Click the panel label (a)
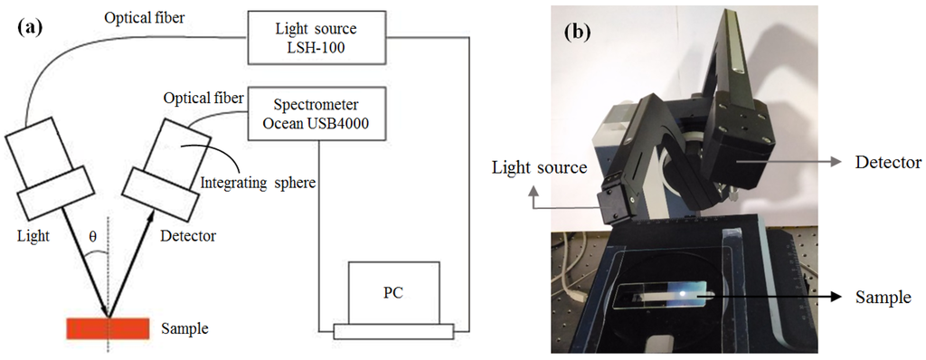coord(31,26)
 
